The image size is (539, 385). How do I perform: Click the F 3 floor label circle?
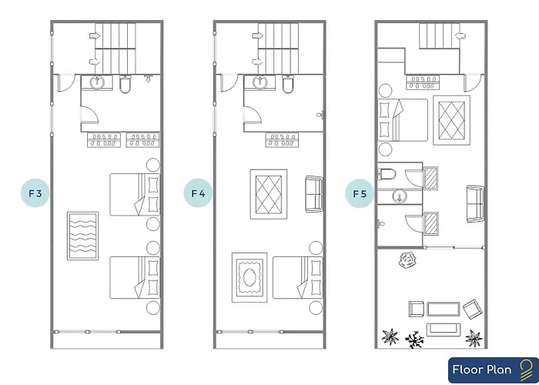click(35, 193)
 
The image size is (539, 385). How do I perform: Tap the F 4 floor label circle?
click(198, 193)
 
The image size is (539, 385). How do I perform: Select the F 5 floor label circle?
click(360, 194)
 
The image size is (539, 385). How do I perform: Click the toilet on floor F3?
click(125, 85)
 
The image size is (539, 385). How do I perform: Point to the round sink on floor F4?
click(260, 82)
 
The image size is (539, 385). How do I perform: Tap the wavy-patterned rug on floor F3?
click(82, 236)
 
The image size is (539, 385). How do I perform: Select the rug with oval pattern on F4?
click(249, 277)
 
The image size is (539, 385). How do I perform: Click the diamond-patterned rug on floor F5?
click(451, 120)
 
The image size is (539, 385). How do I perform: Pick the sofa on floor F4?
click(314, 194)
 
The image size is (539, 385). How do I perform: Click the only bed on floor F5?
click(403, 120)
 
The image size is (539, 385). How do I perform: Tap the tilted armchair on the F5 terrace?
click(473, 309)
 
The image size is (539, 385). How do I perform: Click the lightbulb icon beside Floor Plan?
click(525, 370)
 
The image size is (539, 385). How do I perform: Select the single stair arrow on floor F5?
click(460, 35)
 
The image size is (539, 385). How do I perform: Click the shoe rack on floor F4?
click(282, 140)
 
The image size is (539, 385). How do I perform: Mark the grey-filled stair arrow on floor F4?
click(258, 35)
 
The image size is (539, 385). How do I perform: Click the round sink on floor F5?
click(400, 196)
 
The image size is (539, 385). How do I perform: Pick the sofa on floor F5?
click(475, 204)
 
